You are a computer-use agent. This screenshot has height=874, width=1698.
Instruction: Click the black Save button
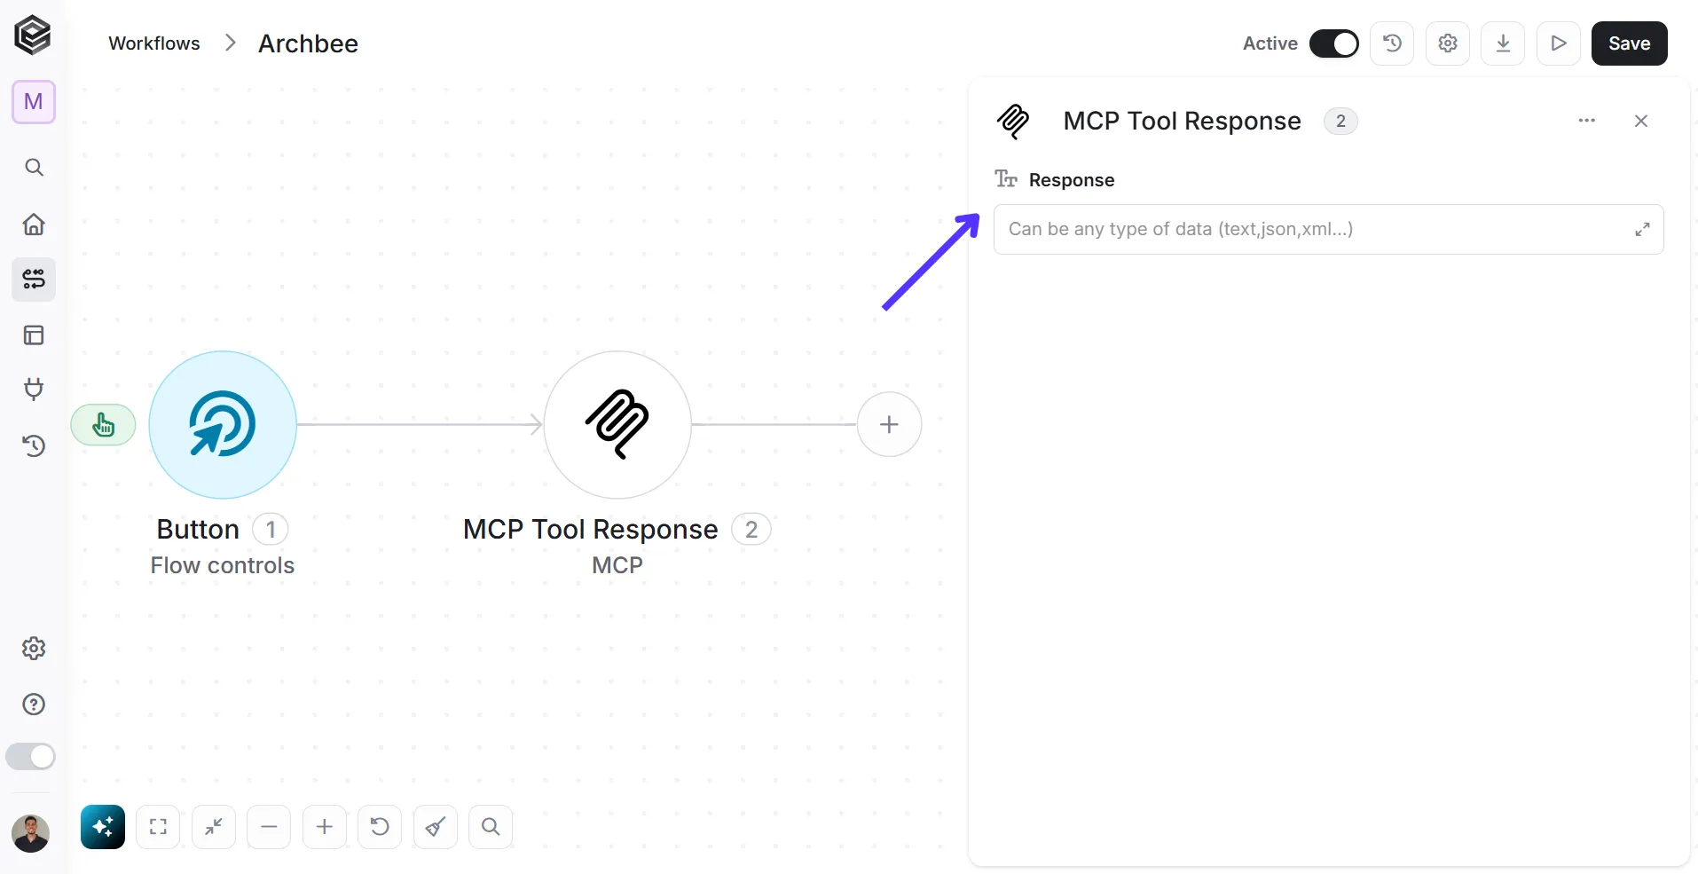coord(1629,43)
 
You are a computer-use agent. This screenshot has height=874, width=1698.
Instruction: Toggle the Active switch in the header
coord(1333,43)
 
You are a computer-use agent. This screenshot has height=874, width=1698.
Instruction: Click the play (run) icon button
coord(1559,43)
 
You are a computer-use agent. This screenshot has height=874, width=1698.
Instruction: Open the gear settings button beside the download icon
coord(1448,43)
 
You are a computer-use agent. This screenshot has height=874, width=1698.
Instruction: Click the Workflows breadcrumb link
coord(154,43)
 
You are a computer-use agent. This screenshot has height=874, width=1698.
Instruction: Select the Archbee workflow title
coord(308,43)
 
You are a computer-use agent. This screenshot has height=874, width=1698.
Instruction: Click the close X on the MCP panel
coord(1641,121)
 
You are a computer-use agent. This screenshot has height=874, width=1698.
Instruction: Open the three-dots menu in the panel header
coord(1587,121)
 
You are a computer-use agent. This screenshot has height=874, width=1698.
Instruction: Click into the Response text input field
coord(1313,230)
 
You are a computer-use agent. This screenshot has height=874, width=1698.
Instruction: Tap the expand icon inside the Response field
coord(1643,230)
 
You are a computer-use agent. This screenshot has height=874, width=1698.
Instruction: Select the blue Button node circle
coord(223,425)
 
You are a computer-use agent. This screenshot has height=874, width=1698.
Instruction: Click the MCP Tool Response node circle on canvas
coord(617,425)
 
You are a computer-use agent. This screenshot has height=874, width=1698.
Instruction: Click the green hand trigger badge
coord(104,425)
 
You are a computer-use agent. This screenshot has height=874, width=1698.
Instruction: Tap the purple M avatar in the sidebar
coord(34,102)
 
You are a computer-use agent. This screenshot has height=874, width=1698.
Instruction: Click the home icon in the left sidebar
coord(34,224)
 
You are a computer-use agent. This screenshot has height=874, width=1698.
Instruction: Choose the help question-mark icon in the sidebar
coord(34,705)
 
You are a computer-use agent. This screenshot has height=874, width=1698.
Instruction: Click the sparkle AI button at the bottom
coord(103,827)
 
